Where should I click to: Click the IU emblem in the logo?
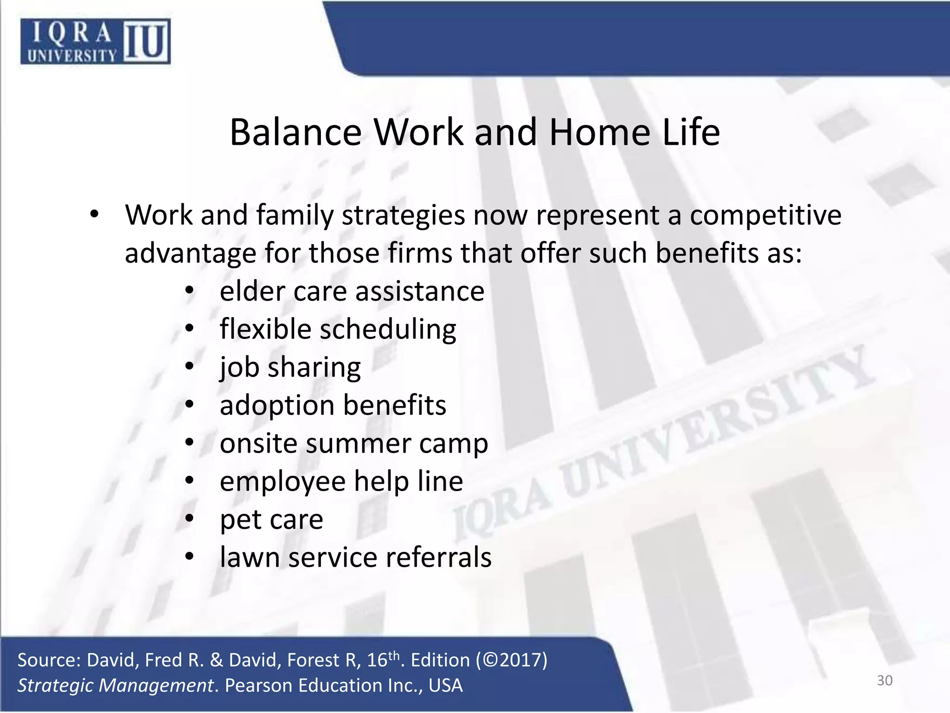(146, 41)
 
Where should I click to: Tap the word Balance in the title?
(295, 132)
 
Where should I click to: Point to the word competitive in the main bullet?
(765, 216)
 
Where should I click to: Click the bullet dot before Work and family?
(95, 215)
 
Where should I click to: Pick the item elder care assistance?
(352, 292)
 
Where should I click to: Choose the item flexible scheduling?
(338, 330)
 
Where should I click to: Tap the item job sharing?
(290, 368)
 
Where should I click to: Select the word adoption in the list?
(277, 406)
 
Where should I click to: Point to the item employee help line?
(341, 481)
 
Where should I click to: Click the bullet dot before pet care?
(189, 519)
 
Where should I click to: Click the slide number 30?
(885, 681)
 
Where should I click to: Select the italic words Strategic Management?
(115, 686)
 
